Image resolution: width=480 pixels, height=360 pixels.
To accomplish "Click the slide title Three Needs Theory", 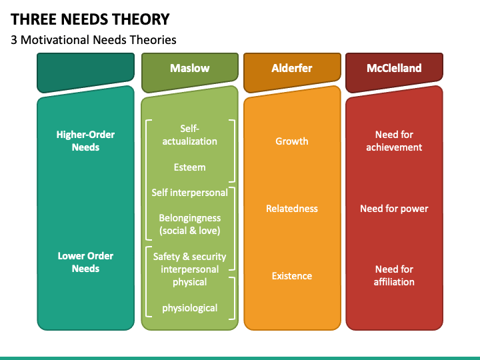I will coord(90,19).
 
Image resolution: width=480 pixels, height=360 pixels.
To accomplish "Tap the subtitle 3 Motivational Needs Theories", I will coord(93,40).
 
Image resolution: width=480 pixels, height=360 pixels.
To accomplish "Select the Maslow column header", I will coord(189,68).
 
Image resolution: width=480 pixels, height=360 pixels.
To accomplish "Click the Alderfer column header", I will coord(291,68).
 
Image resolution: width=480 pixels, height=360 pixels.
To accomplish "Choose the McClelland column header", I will coord(393,68).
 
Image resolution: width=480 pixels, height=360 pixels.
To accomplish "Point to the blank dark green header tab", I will coord(87,70).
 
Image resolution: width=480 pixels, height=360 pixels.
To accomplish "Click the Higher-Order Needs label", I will coord(85,141).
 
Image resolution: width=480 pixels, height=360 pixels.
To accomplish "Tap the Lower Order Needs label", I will coord(85,262).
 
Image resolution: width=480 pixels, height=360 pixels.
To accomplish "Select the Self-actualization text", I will coord(189,135).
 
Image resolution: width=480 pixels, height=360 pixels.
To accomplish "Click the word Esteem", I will coord(189,167).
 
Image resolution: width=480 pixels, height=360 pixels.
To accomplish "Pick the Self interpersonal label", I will coord(189,192).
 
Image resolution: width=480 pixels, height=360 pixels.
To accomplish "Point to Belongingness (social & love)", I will coord(189,224).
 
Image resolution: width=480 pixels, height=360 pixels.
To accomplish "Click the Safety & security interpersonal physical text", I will coord(189,269).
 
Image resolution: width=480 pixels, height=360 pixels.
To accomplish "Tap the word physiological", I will coord(189,307).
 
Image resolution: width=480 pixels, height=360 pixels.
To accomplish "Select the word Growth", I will coord(291,141).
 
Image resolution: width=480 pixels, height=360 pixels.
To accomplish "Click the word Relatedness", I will coord(291,209).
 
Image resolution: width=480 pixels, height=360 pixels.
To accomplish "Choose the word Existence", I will coord(291,275).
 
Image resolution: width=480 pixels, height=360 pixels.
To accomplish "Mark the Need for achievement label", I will coord(394,141).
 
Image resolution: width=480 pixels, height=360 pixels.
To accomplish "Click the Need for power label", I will coord(394,209).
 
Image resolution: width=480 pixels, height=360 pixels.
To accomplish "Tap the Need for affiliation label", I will coord(394,275).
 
